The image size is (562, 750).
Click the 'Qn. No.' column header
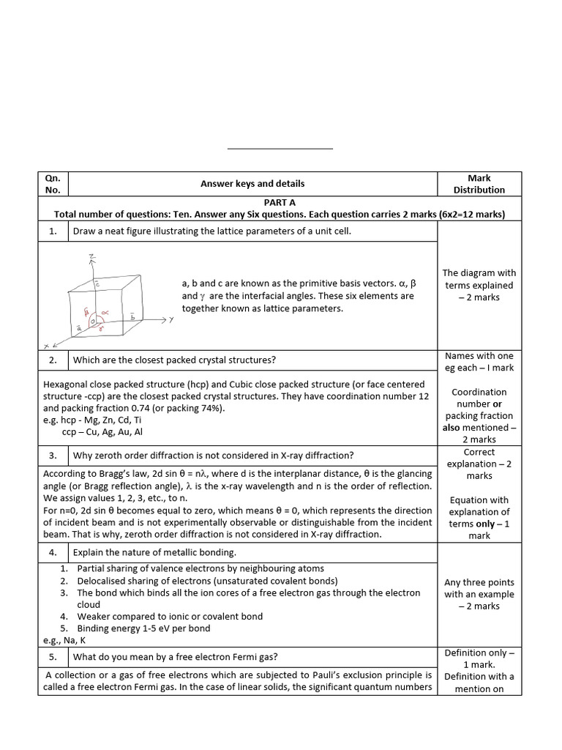(53, 184)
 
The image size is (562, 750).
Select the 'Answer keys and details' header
(252, 184)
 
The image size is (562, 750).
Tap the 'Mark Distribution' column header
(479, 184)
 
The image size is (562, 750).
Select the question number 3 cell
(53, 456)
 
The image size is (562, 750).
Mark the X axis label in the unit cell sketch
(47, 345)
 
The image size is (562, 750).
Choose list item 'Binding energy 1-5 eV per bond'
(143, 628)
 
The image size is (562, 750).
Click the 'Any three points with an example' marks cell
(479, 594)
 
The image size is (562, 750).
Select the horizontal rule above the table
(280, 149)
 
